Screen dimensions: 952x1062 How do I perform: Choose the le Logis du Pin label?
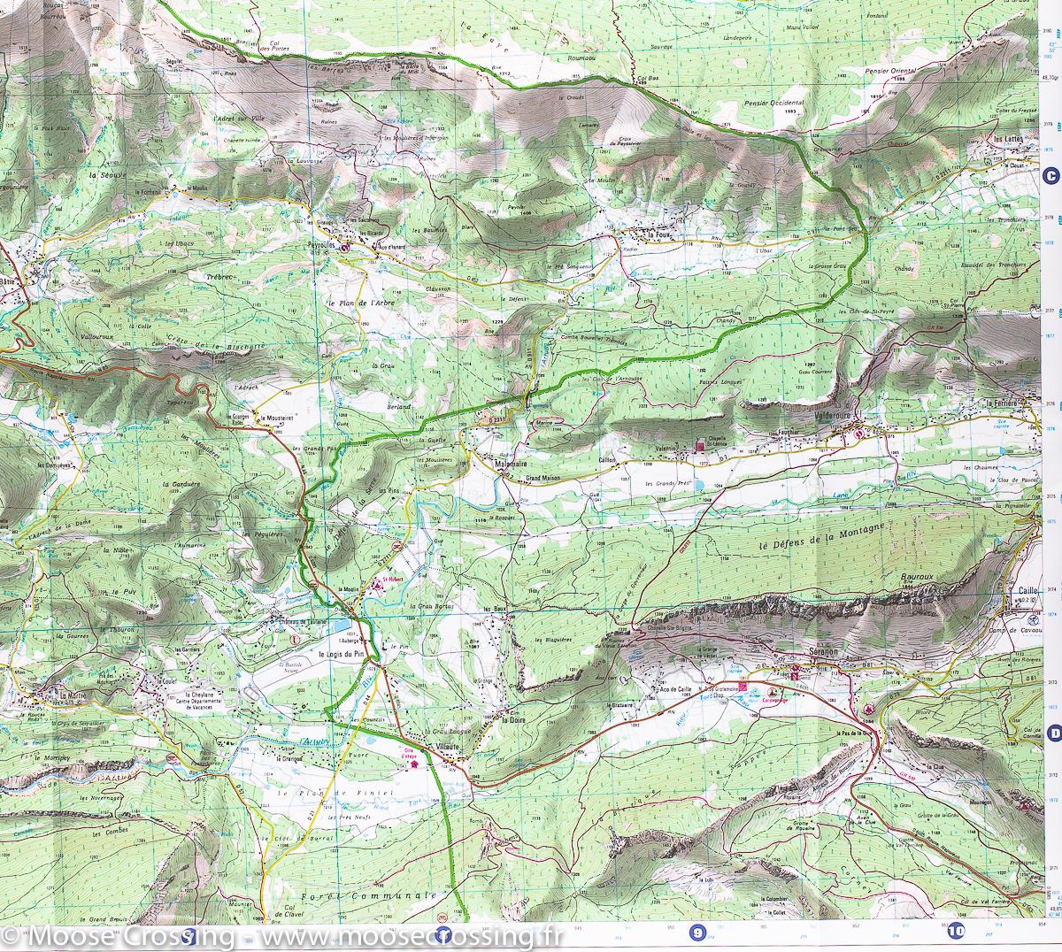point(342,654)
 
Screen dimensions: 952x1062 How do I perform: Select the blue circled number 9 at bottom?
point(698,932)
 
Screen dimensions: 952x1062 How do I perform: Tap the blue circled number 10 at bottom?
point(955,931)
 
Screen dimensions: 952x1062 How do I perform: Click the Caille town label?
point(1027,590)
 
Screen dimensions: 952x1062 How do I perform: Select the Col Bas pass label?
point(649,79)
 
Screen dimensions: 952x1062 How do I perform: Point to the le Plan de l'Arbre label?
point(360,303)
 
